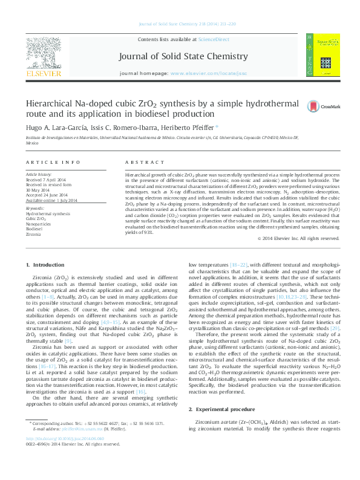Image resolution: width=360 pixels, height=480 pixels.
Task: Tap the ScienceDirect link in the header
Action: click(214, 39)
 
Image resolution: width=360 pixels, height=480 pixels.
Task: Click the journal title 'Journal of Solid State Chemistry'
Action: click(183, 56)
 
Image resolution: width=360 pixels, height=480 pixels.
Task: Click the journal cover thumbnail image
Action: click(323, 55)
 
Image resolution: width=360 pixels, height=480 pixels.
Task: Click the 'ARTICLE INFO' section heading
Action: click(53, 163)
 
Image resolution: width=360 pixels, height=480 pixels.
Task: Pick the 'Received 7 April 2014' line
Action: click(46, 180)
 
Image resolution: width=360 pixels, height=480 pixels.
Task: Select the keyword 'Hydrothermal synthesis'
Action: click(48, 214)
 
